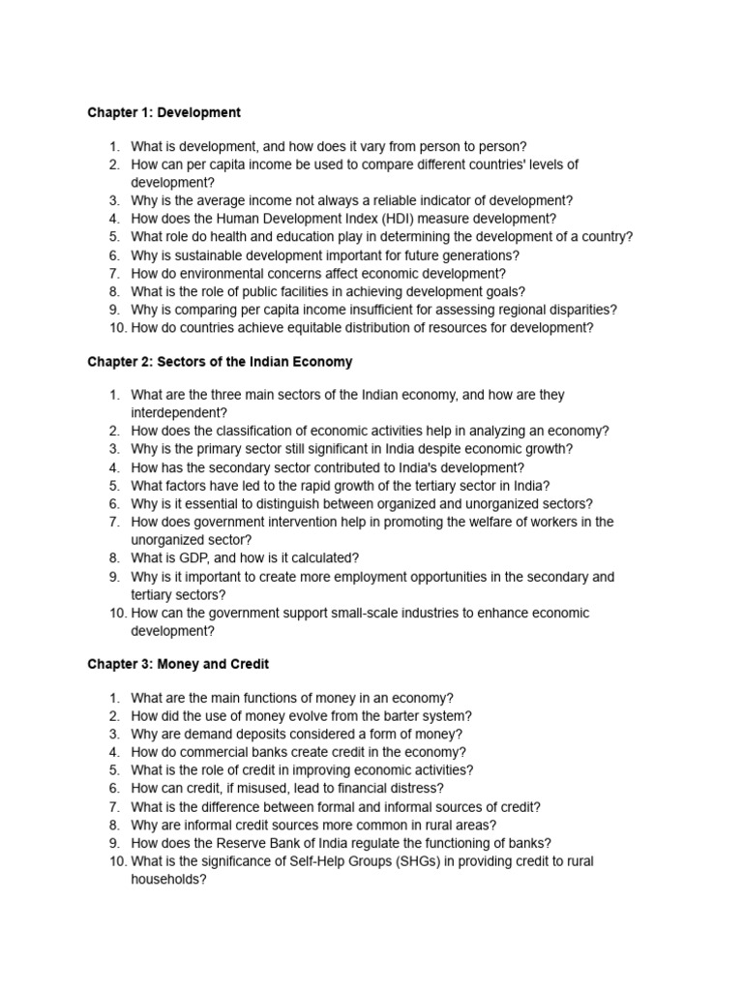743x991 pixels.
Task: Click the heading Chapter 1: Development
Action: tap(163, 113)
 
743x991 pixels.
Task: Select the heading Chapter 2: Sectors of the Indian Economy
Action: tap(220, 362)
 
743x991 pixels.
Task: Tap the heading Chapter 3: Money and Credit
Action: tap(178, 665)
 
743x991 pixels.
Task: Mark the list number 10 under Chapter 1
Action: tap(113, 328)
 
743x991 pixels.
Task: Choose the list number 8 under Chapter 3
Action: tap(114, 825)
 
